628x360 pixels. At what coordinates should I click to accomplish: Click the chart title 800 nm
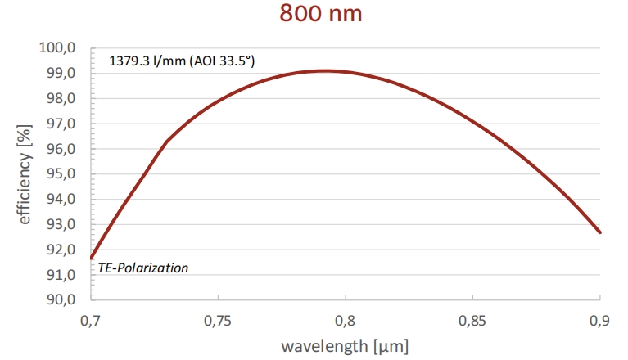coord(320,14)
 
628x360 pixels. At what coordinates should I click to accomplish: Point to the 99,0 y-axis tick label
coord(61,74)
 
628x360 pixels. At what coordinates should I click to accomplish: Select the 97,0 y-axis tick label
coord(61,124)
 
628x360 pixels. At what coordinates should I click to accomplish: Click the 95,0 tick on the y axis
coord(61,174)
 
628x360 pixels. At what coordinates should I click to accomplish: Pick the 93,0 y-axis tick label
coord(61,224)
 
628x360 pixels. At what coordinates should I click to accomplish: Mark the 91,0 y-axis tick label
coord(61,275)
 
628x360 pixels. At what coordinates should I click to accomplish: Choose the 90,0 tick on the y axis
coord(61,299)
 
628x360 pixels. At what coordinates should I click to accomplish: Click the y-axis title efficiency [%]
coord(24,174)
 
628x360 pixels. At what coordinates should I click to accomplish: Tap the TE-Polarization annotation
coord(143,268)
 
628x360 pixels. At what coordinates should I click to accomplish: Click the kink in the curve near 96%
coord(166,142)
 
